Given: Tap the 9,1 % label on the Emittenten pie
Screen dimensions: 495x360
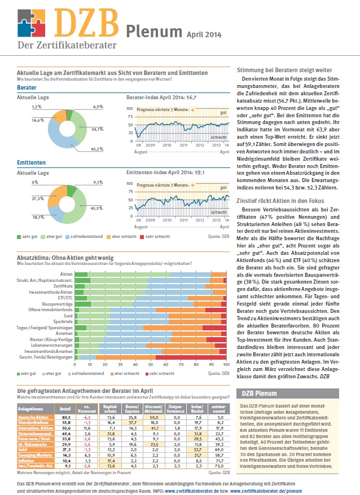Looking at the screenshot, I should pyautogui.click(x=98, y=183).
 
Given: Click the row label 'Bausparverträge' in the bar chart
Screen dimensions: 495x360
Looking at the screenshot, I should pyautogui.click(x=58, y=304).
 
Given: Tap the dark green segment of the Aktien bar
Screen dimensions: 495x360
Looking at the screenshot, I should pyautogui.click(x=82, y=274).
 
